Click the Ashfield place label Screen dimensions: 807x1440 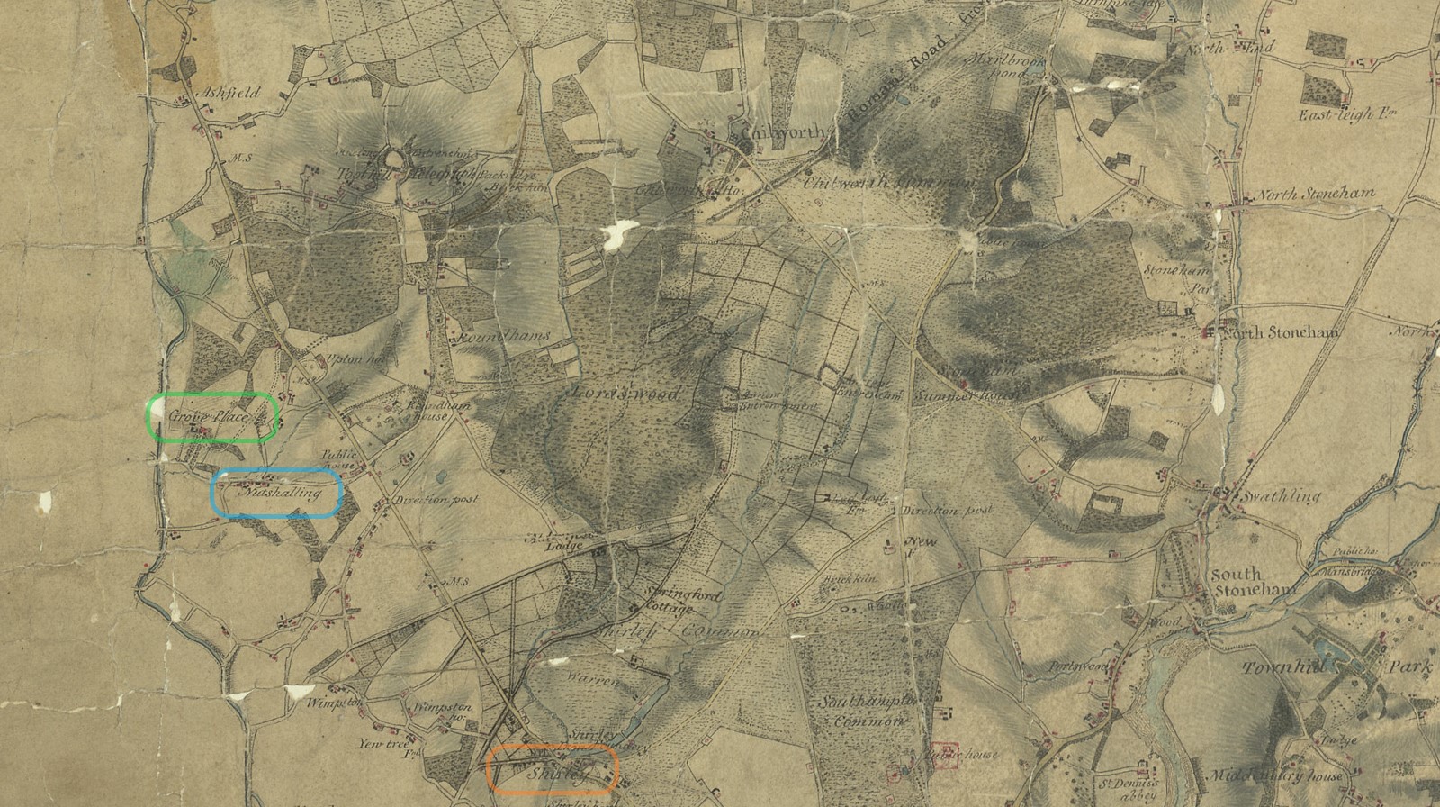click(230, 93)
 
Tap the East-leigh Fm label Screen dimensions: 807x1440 click(1339, 115)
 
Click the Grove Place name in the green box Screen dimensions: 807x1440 click(207, 416)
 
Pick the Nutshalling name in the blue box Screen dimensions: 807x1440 click(279, 494)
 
